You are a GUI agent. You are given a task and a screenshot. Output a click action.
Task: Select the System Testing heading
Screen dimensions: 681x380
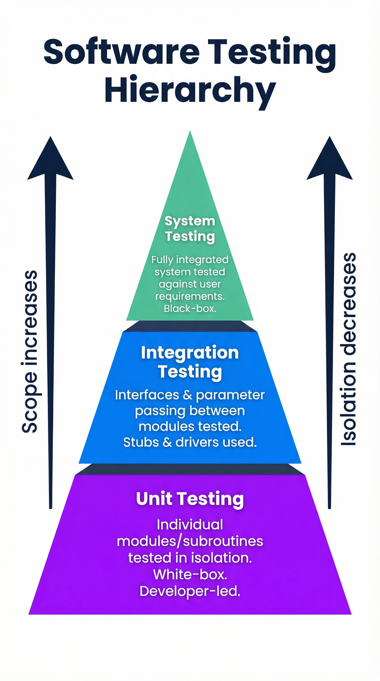tap(190, 229)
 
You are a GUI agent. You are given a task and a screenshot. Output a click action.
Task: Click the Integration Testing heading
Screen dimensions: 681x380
tap(190, 362)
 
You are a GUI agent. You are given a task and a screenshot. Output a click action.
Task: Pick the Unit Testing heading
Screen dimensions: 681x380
tap(190, 499)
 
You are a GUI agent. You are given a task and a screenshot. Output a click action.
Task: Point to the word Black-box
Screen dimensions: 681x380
tap(190, 309)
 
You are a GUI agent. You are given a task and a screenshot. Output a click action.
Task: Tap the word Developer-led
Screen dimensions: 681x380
tap(190, 591)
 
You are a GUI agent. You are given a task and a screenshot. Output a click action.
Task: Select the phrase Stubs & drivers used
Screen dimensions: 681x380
tap(190, 442)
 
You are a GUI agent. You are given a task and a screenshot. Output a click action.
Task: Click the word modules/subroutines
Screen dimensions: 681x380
tap(190, 541)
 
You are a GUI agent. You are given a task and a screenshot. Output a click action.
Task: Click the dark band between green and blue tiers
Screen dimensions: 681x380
tap(190, 326)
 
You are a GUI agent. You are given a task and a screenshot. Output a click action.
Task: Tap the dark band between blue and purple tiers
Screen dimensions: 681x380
tap(190, 469)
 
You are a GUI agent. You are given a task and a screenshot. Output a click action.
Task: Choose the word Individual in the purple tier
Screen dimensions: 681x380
tap(190, 525)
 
